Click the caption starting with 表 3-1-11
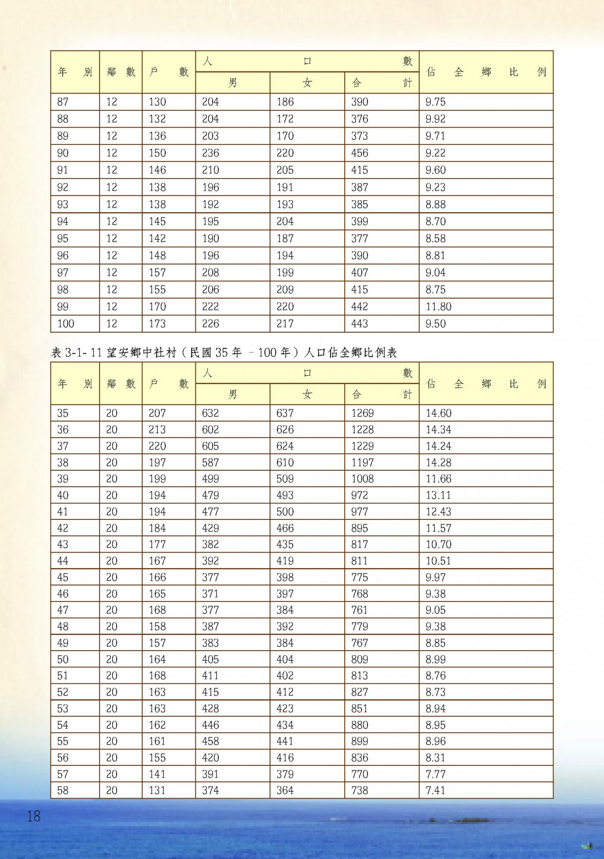[x=223, y=353]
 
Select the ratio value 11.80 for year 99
[x=438, y=307]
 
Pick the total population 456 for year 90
[x=359, y=153]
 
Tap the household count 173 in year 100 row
[x=157, y=324]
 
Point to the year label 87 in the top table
[x=63, y=102]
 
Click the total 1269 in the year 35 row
[x=362, y=413]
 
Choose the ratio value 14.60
[x=438, y=413]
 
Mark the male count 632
[x=210, y=413]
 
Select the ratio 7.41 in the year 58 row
[x=435, y=790]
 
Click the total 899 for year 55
[x=359, y=741]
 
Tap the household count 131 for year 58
[x=157, y=790]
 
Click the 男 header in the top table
[x=233, y=82]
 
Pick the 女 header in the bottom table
[x=307, y=394]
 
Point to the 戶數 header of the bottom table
[x=169, y=384]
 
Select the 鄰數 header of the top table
[x=121, y=72]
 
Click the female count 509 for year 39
[x=285, y=479]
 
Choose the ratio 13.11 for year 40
[x=438, y=495]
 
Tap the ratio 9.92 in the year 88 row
[x=435, y=119]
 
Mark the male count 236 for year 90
[x=210, y=153]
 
